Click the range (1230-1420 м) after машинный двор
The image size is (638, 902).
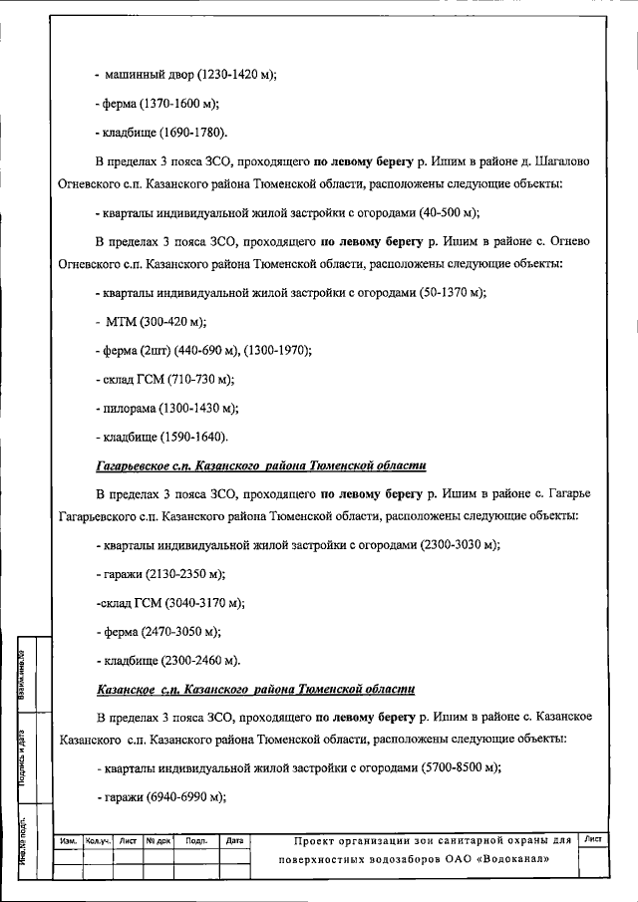236,75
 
